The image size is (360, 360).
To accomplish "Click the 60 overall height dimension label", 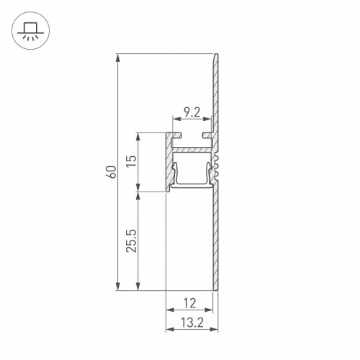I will click(x=110, y=173).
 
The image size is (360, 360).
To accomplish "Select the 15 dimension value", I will click(x=130, y=162).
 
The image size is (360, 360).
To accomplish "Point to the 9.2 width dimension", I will click(x=192, y=112).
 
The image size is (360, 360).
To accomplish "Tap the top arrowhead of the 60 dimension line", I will click(x=117, y=58).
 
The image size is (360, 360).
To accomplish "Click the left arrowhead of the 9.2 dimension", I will click(x=175, y=120).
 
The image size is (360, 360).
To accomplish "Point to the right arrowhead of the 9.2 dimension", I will click(x=209, y=120).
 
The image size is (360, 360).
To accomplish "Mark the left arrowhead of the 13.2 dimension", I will click(x=169, y=329).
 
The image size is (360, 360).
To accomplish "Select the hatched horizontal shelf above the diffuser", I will click(x=193, y=150).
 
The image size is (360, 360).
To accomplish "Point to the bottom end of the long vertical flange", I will click(x=215, y=289).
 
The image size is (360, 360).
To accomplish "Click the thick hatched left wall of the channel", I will click(x=169, y=162).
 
